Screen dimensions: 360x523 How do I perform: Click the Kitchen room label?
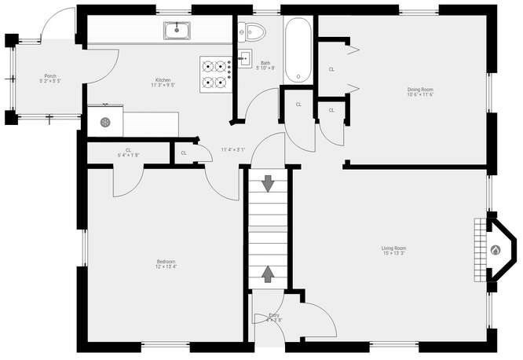[x=163, y=79]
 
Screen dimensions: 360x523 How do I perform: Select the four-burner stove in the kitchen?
[x=214, y=74]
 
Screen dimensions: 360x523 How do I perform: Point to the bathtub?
[x=298, y=50]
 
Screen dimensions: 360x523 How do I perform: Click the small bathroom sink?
[x=244, y=57]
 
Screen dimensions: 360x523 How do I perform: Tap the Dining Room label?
[x=420, y=89]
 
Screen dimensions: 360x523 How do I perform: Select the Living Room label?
[x=393, y=248]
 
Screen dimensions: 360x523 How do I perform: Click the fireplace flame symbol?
[x=495, y=250]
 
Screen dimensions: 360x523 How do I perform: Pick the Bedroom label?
[x=165, y=261]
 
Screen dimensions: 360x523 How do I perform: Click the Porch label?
[x=50, y=76]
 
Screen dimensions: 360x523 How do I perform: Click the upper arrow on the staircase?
[x=269, y=184]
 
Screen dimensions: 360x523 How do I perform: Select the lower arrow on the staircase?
[x=269, y=274]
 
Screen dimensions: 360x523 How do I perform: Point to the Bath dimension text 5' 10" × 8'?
[x=265, y=68]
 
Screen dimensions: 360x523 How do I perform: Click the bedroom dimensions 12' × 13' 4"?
[x=165, y=267]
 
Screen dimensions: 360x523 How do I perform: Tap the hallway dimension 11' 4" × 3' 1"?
[x=232, y=149]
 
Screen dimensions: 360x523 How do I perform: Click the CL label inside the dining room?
[x=331, y=69]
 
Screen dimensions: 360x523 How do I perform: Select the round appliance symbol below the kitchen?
[x=104, y=122]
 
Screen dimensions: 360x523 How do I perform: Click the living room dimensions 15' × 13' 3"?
[x=393, y=254]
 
